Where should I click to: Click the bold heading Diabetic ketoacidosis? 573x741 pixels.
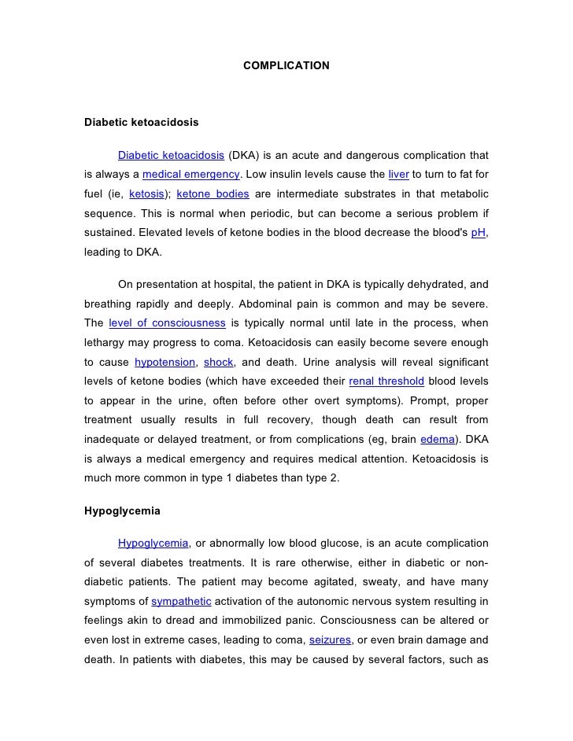141,124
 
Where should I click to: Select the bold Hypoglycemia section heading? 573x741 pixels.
122,511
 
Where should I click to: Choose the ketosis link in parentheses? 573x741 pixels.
146,194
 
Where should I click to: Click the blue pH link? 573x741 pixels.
478,234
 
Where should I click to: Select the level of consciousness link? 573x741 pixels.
167,323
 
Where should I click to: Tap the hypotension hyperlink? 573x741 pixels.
165,363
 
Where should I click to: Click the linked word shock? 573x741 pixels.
217,363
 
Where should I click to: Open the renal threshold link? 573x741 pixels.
386,382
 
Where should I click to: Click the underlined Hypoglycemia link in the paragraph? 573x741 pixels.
153,543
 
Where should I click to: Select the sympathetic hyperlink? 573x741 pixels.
181,602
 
